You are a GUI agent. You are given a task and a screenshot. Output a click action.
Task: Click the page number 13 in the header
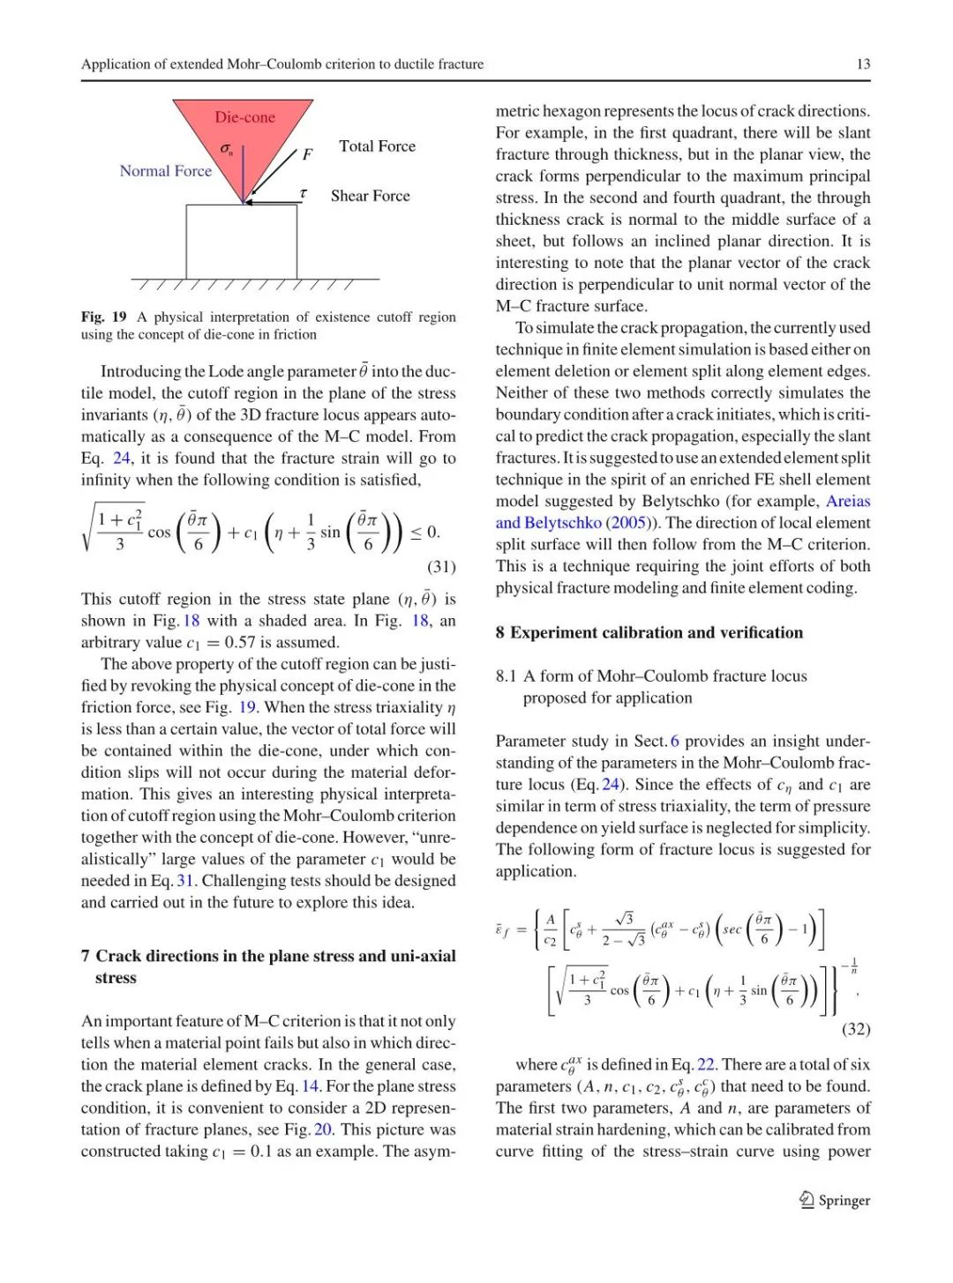[x=863, y=63]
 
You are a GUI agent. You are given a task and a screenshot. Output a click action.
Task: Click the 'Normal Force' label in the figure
[x=166, y=171]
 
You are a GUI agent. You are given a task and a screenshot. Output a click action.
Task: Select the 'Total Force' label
[x=377, y=146]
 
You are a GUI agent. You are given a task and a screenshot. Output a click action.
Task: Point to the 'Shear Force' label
[x=370, y=196]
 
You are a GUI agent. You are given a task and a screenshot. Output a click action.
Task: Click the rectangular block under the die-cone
[x=241, y=242]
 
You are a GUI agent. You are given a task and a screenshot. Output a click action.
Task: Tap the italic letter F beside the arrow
[x=307, y=154]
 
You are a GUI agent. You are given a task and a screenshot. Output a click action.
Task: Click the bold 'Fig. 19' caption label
[x=103, y=317]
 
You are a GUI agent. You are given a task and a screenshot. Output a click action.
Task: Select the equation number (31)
[x=441, y=566]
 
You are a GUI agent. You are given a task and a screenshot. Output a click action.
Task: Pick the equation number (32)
[x=856, y=1028]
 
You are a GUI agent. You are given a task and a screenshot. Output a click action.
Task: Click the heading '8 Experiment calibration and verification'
[x=649, y=632]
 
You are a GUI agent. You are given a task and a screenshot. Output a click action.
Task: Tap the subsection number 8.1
[x=506, y=675]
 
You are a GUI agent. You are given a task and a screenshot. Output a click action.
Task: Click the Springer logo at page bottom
[x=834, y=1200]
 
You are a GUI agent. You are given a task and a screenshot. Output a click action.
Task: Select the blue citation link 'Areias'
[x=848, y=501]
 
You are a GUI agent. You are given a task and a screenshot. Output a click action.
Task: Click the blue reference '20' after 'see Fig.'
[x=323, y=1130]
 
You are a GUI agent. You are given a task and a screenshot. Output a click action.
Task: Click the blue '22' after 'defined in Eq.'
[x=706, y=1064]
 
